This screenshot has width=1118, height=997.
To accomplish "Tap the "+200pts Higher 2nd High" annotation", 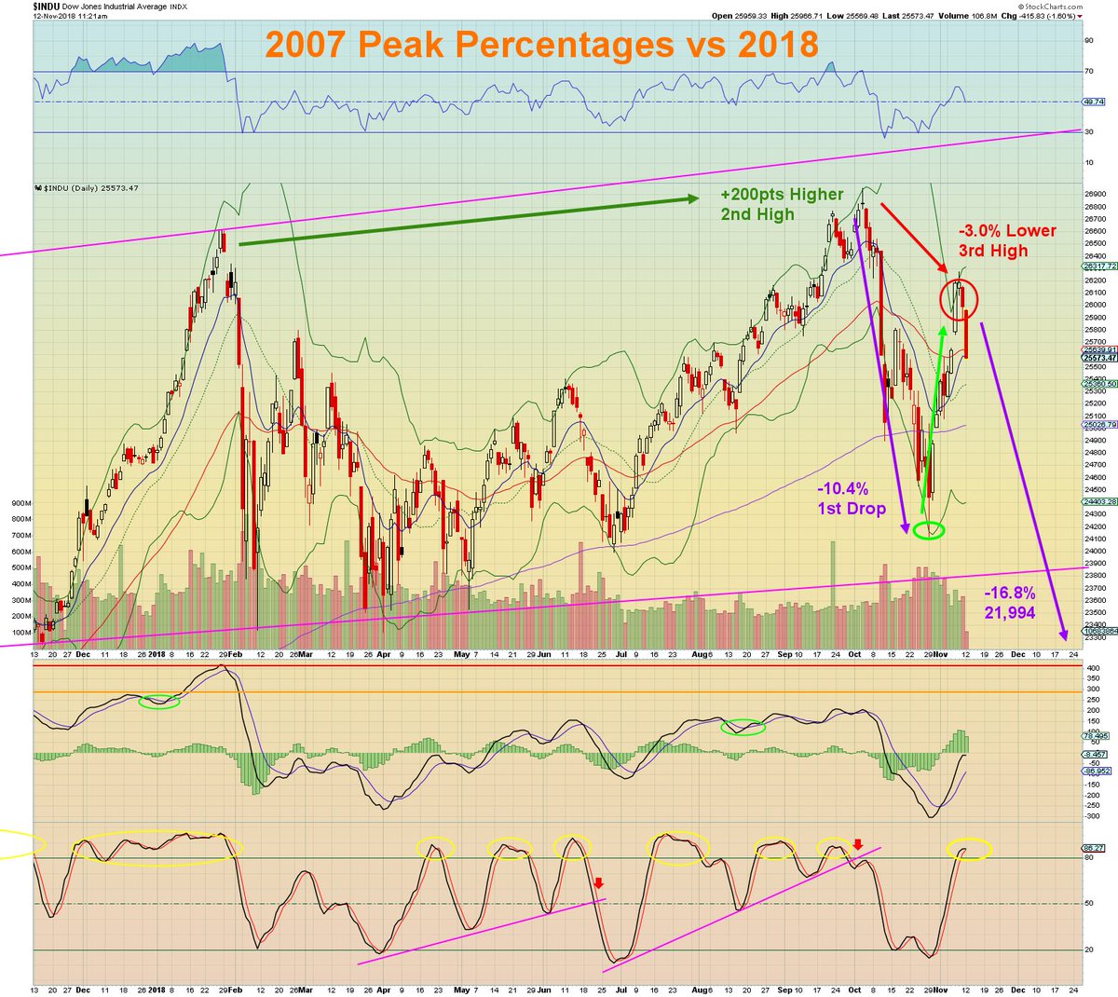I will pyautogui.click(x=781, y=204).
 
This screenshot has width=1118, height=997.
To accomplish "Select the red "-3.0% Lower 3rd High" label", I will pyautogui.click(x=1007, y=240).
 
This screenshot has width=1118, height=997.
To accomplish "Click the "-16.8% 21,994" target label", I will pyautogui.click(x=1009, y=603).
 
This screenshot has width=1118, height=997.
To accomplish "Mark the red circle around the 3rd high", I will pyautogui.click(x=959, y=297).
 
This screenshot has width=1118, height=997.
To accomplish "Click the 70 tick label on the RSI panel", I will pyautogui.click(x=1088, y=72).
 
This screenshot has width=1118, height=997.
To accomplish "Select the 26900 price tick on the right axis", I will pyautogui.click(x=1094, y=194).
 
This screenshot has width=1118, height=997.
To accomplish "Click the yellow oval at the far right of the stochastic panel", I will pyautogui.click(x=969, y=850).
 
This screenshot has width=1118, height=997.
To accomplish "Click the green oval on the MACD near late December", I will pyautogui.click(x=158, y=702).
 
